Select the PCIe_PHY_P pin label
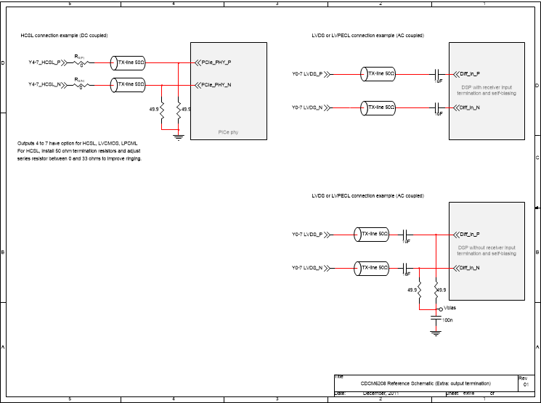[216, 62]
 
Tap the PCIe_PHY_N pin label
[216, 85]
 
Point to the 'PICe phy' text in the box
[228, 132]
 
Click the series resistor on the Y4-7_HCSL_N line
[81, 85]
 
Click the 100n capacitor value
[447, 320]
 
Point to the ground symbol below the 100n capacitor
[436, 333]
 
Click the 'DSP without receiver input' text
[487, 248]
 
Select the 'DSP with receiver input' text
[487, 88]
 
